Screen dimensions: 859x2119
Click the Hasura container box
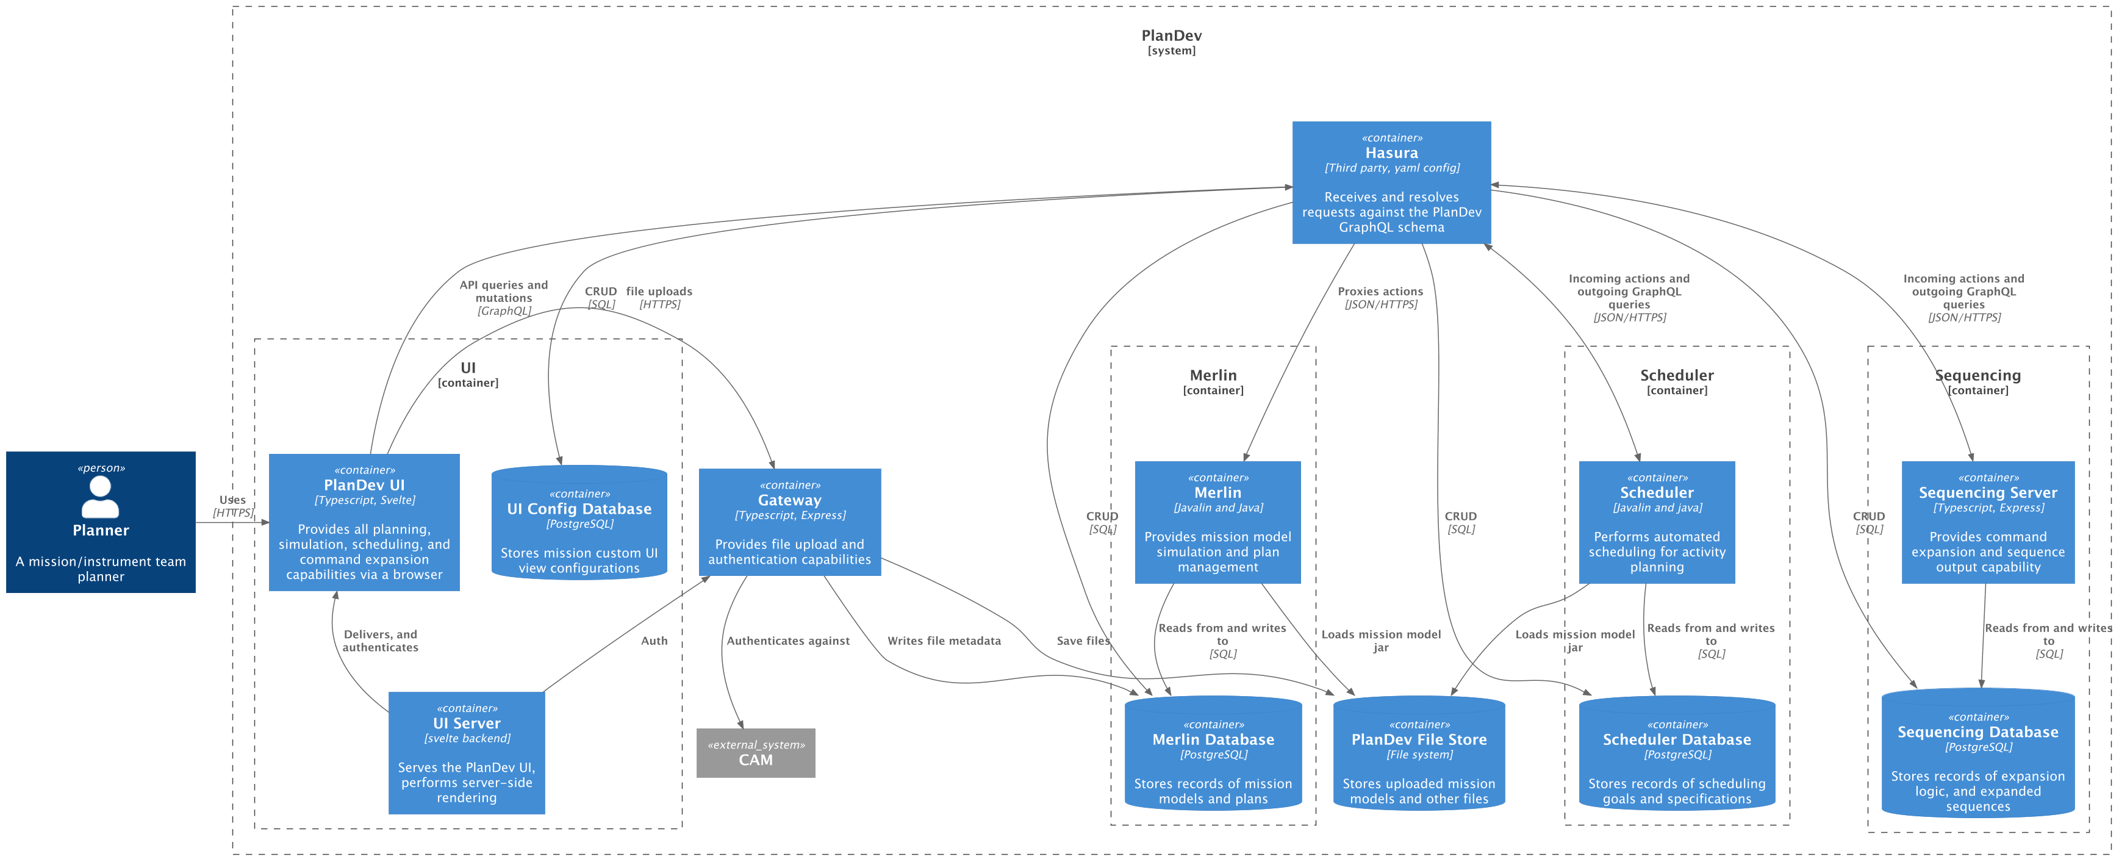tap(1391, 182)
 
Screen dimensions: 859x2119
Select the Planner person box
tap(101, 522)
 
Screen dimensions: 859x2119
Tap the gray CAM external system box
tap(755, 753)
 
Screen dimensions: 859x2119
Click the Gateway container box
tap(789, 522)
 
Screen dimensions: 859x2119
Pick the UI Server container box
tap(467, 753)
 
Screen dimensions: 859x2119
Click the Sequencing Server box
tap(1987, 522)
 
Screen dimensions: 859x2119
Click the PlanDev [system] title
tap(1171, 41)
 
